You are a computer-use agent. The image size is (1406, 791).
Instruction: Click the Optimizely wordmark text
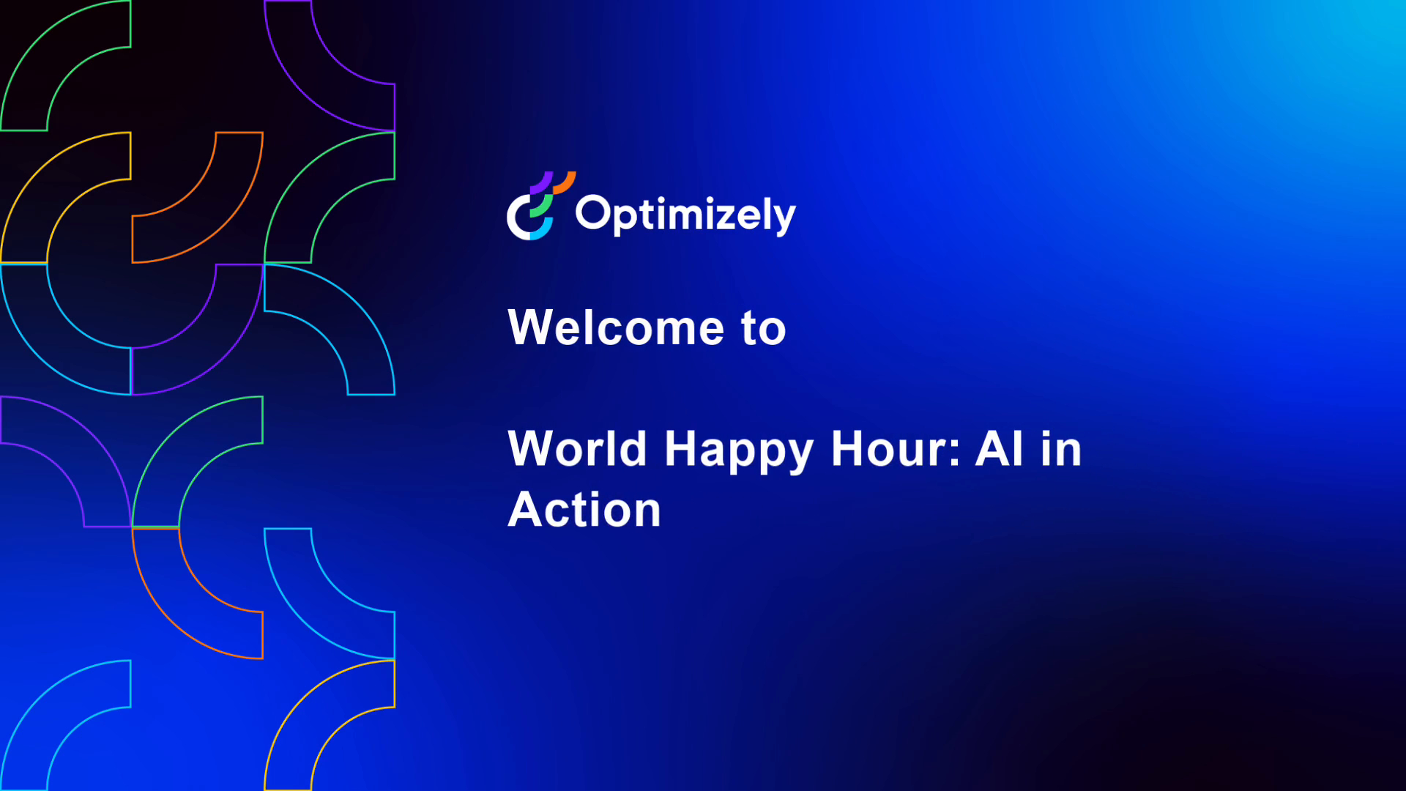(x=685, y=215)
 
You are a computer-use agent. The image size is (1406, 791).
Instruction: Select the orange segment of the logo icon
(x=565, y=182)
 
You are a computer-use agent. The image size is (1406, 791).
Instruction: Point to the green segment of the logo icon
(x=542, y=207)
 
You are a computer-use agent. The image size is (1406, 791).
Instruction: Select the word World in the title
(x=577, y=448)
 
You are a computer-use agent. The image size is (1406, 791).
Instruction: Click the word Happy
(x=738, y=450)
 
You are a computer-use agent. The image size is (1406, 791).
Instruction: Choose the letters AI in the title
(x=999, y=448)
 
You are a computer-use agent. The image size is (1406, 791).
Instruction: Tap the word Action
(x=584, y=510)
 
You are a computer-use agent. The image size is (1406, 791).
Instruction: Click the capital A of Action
(x=527, y=510)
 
